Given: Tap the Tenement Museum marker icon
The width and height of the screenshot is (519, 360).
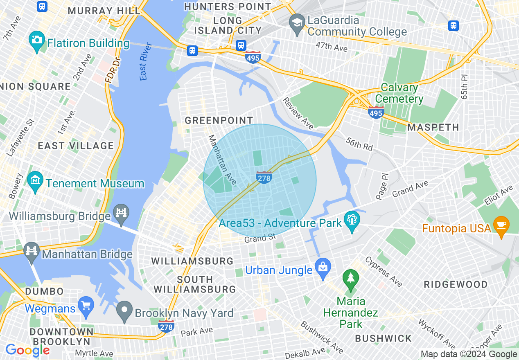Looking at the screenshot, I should [35, 180].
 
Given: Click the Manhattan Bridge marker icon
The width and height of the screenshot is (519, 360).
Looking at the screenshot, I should [32, 250].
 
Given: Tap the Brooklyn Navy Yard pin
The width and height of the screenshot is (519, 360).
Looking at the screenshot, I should [124, 310].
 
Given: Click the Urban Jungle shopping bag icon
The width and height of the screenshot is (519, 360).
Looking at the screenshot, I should [323, 268].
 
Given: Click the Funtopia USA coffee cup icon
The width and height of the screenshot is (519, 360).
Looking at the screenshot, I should [501, 225].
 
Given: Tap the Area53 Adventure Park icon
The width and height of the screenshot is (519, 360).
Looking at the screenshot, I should [352, 220].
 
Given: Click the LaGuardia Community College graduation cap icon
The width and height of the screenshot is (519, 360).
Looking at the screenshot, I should [297, 23].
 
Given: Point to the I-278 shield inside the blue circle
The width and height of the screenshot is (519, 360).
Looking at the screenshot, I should [264, 177].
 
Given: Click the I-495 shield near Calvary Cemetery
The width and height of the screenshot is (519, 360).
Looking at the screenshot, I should [376, 112].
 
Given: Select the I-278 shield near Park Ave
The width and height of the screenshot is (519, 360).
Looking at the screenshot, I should [166, 326].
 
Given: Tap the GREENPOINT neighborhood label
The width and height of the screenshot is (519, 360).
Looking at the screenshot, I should [219, 120].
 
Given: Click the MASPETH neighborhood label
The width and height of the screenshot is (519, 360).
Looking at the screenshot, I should [433, 127].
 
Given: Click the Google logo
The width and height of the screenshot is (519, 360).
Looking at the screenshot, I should [27, 351].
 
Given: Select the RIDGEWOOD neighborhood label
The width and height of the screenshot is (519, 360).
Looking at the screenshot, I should [456, 284].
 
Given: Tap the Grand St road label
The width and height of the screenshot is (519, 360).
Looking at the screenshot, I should [260, 238].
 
